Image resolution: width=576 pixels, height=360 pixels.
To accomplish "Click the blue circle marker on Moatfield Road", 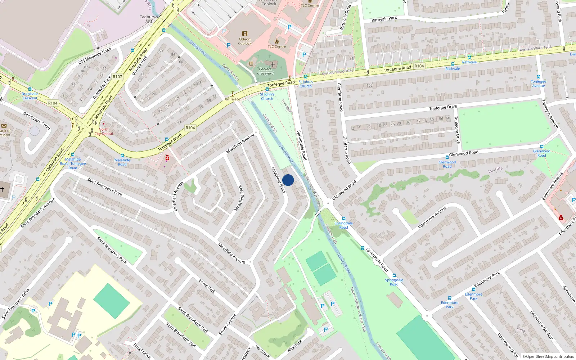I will click(288, 180).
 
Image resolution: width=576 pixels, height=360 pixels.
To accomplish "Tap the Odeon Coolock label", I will click(244, 41).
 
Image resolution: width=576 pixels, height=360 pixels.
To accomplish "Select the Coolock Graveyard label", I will click(265, 71).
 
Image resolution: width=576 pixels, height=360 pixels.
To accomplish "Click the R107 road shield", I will click(117, 77).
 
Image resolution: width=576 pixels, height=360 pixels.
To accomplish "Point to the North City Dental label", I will click(104, 131).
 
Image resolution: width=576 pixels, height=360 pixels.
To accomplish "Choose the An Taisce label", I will click(232, 99).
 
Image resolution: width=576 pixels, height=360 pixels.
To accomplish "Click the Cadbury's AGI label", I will click(149, 19).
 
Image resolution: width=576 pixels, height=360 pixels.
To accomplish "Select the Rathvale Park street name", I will click(384, 19).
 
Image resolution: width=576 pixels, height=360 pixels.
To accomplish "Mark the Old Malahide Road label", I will click(95, 56).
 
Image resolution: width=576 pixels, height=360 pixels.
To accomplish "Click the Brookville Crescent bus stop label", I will click(30, 96).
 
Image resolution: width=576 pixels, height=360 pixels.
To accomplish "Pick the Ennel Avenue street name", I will click(228, 324).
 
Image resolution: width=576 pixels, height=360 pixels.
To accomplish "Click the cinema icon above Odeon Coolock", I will click(245, 33).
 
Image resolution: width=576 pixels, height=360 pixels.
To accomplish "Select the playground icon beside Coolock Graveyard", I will click(251, 64).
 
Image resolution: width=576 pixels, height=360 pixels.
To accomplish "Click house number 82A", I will click(87, 67).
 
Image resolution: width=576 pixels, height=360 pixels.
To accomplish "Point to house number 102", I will click(370, 85).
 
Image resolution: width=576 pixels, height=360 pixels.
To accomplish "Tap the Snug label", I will click(521, 329).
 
